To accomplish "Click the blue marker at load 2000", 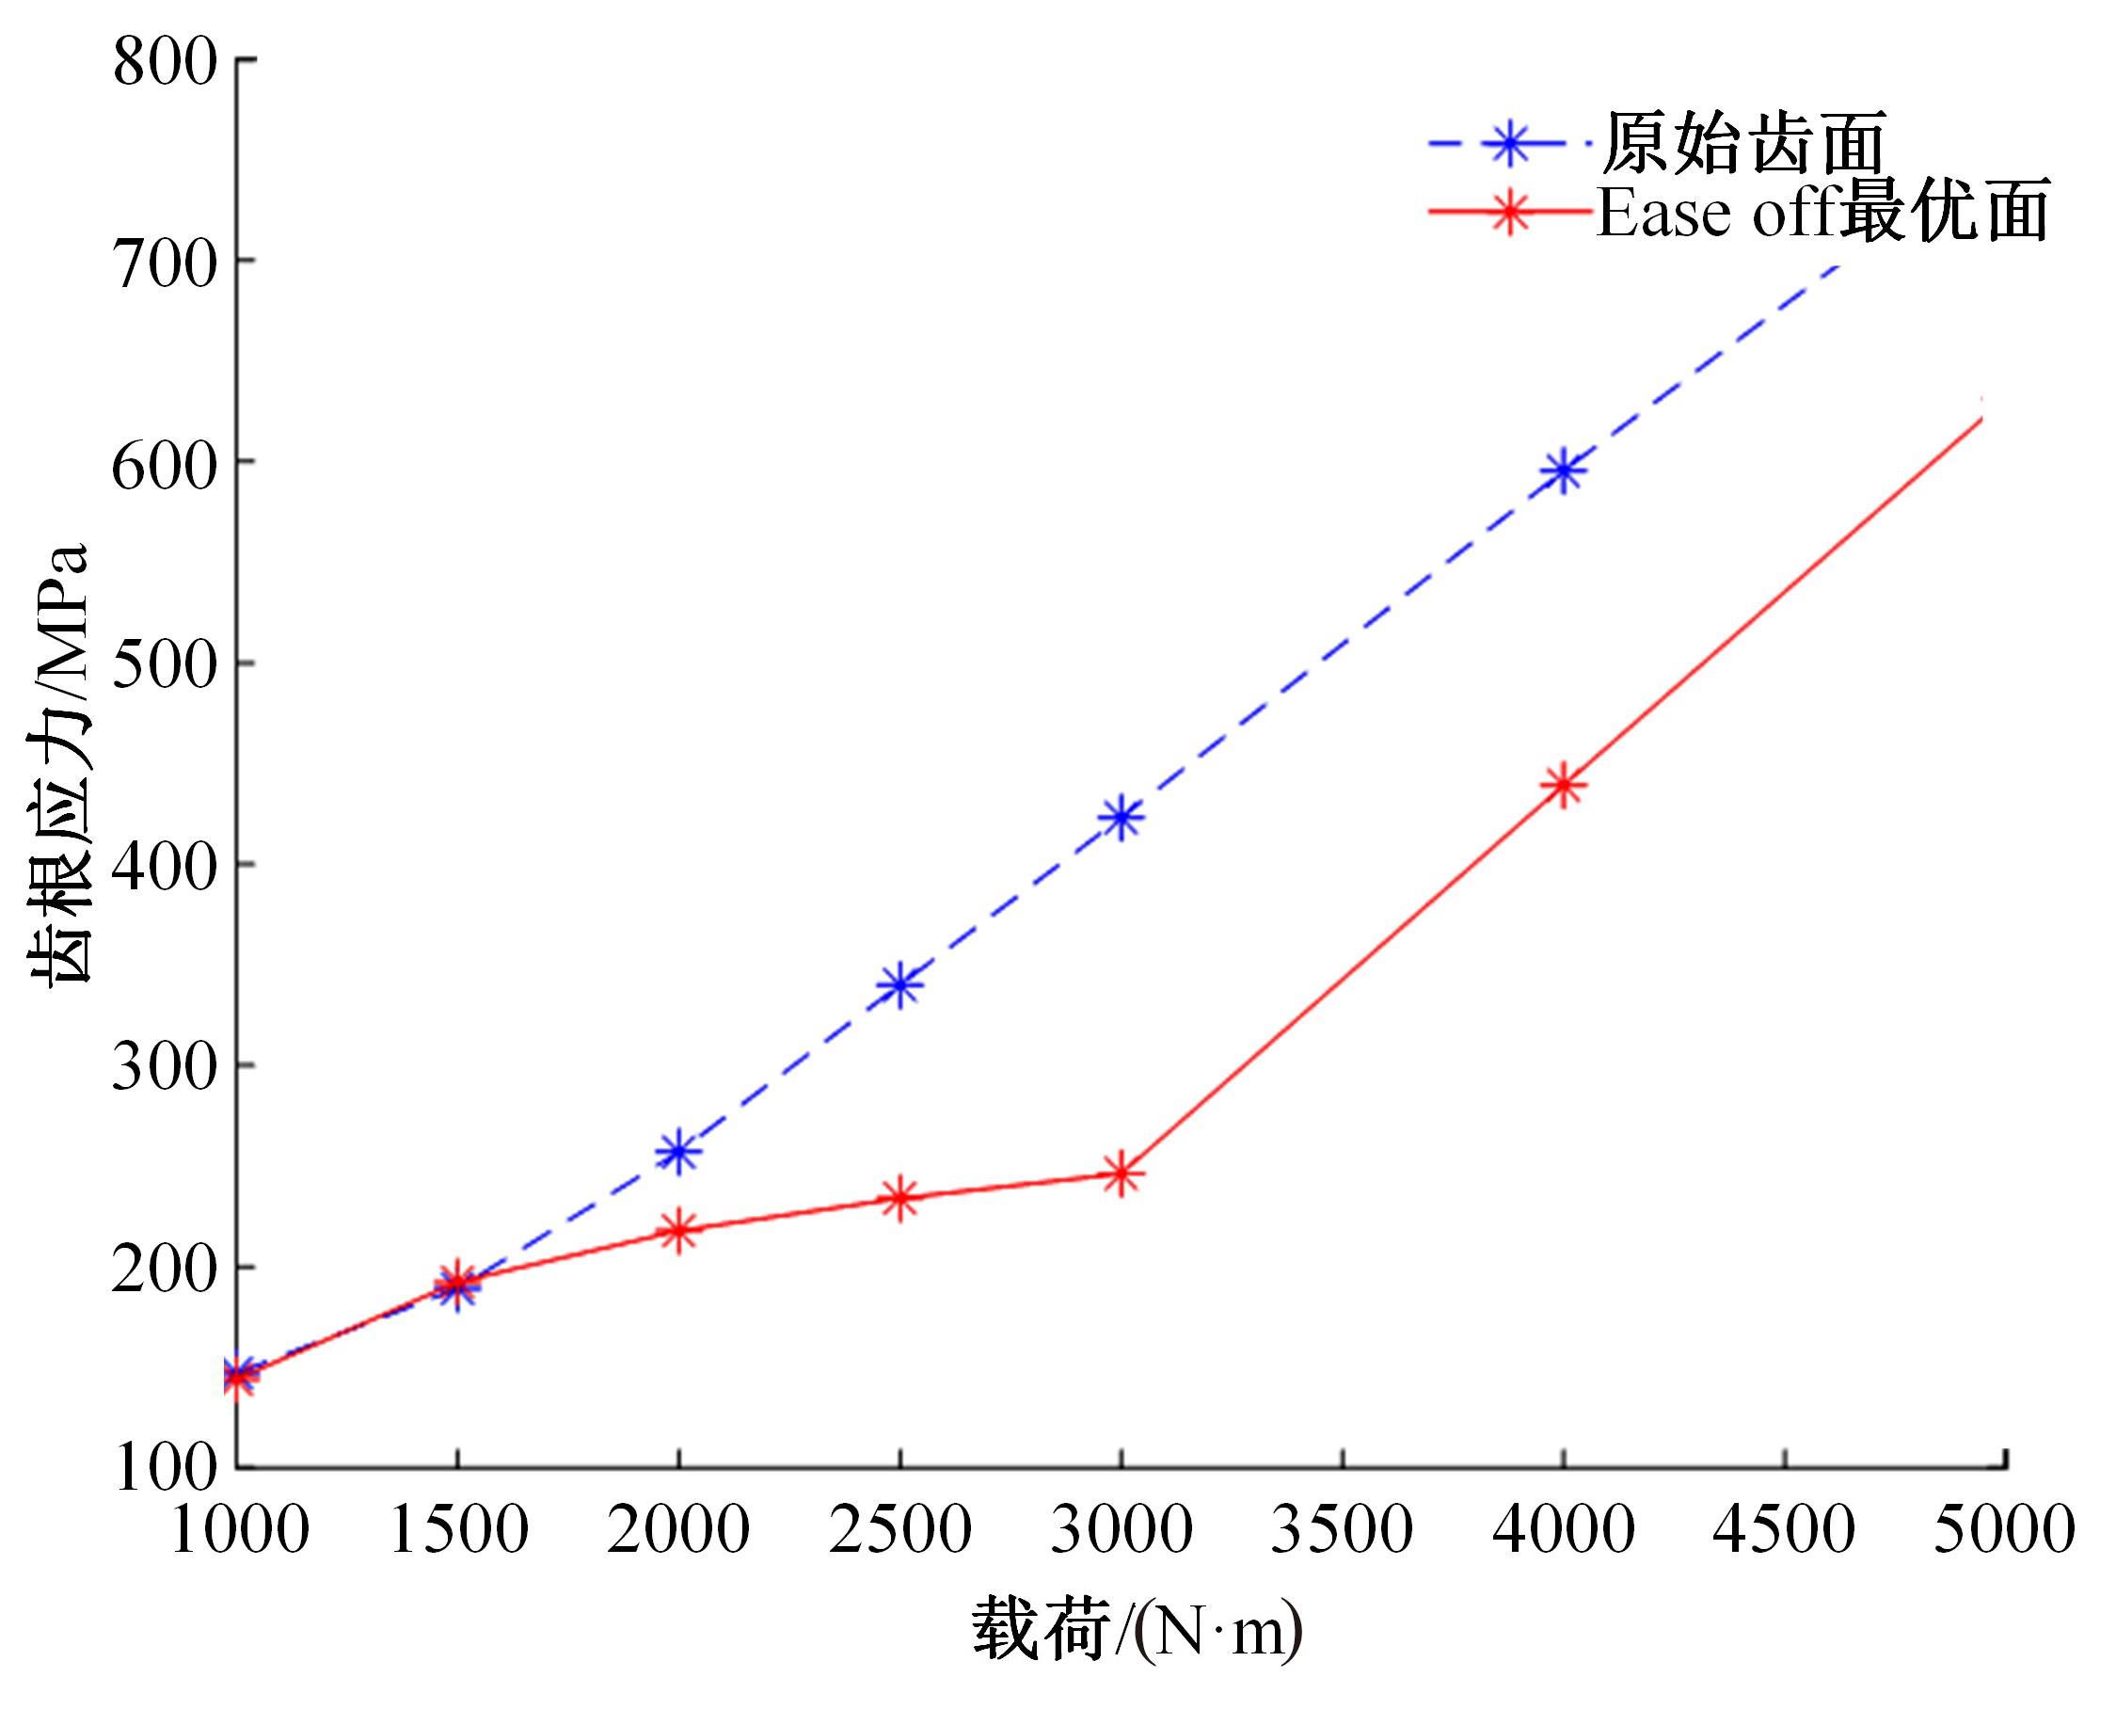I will click(678, 1152).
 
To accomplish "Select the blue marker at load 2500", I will click(899, 984).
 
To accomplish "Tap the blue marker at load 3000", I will click(1121, 816).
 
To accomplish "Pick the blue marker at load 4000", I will click(1564, 471).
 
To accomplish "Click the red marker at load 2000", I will click(678, 1231).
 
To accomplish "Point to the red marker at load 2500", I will click(899, 1198).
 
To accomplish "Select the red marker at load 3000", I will click(1121, 1174).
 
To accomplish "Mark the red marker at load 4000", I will click(1564, 786).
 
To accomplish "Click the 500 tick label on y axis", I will click(164, 665).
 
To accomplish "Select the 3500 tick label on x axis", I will click(1343, 1530).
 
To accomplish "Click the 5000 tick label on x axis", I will click(2004, 1530).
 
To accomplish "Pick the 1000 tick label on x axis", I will click(239, 1530).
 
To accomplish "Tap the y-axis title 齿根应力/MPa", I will click(59, 763).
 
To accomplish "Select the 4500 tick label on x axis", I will click(1783, 1530).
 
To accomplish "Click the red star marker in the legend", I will click(1510, 212).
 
